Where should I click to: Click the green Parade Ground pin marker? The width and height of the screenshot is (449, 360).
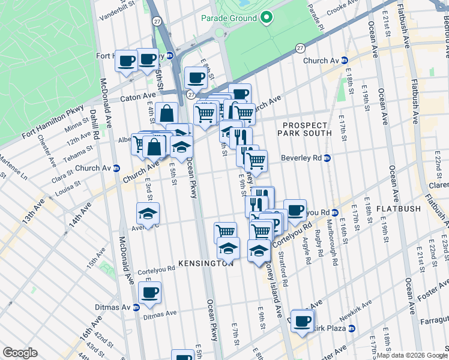[266, 18]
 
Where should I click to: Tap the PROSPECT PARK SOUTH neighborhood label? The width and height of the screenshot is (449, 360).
[304, 128]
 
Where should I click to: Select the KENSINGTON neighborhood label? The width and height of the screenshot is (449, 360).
[205, 263]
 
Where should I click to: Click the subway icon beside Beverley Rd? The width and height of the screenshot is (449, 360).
[327, 158]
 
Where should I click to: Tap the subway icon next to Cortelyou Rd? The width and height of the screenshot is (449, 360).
[335, 212]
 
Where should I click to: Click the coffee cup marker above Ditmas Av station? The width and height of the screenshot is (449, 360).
[149, 293]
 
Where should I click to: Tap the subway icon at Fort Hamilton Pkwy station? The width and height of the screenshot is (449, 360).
[170, 56]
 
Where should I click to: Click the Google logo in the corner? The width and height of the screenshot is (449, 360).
[20, 353]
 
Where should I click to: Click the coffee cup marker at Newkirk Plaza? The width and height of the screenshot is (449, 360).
[301, 320]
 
